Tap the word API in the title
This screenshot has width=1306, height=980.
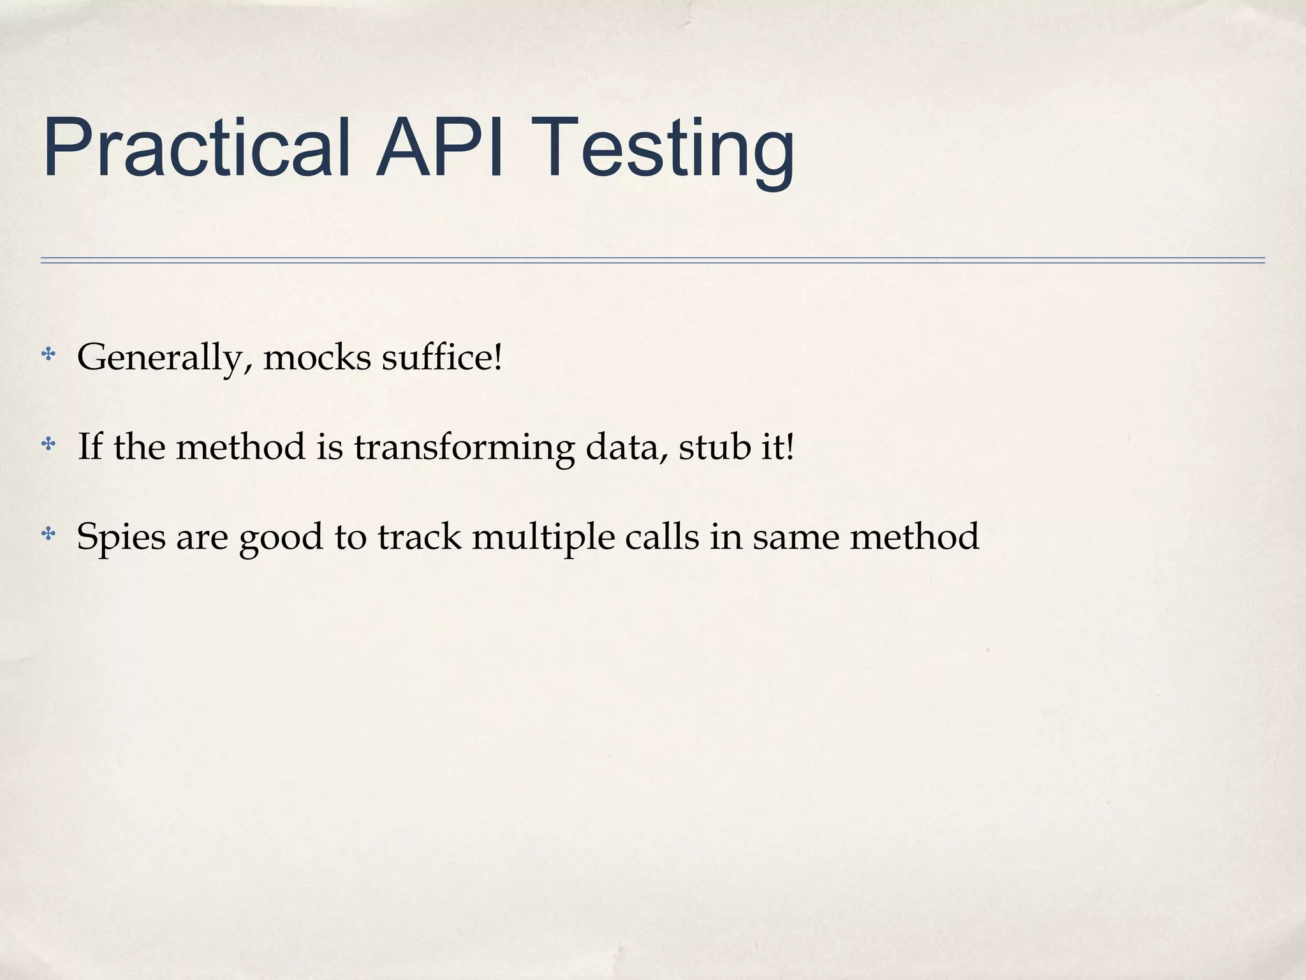pos(440,148)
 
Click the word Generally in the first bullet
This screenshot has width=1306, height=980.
pos(160,358)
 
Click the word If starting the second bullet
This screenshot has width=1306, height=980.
pos(90,446)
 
